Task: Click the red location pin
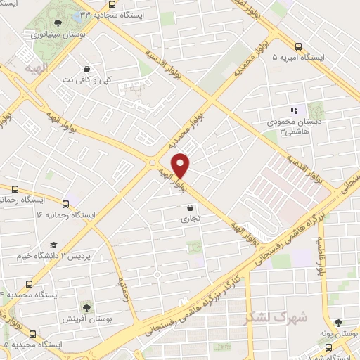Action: (x=181, y=165)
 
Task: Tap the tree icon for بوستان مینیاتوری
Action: (x=58, y=23)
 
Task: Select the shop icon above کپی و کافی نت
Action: (x=86, y=69)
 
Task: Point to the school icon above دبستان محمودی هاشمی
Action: (x=295, y=110)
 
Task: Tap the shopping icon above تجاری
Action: (x=191, y=207)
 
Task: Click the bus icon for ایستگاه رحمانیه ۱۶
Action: (x=65, y=204)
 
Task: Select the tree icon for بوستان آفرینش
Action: (x=86, y=307)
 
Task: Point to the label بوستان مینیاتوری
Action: (x=58, y=34)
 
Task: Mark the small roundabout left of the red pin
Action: (x=152, y=163)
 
